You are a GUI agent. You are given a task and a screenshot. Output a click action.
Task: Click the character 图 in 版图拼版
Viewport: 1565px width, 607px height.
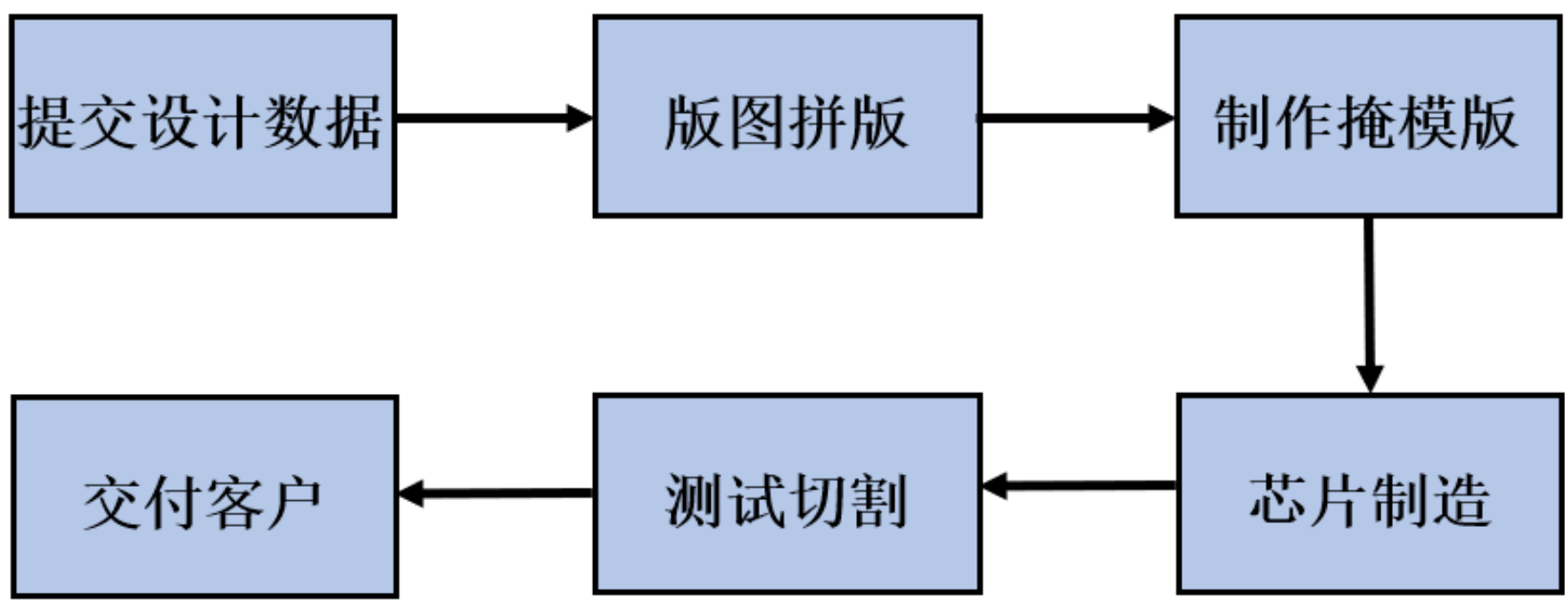coord(755,122)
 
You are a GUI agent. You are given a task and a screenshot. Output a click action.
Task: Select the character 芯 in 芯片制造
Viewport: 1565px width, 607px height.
coord(1276,501)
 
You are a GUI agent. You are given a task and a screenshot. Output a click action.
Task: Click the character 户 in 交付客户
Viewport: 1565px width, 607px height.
coord(293,504)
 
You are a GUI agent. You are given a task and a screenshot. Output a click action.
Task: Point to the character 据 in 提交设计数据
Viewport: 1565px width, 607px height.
coord(355,122)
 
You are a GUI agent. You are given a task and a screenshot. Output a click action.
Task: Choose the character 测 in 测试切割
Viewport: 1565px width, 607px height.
coord(694,501)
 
